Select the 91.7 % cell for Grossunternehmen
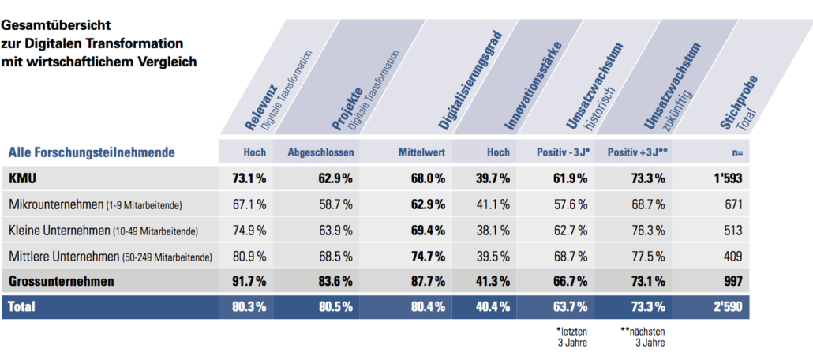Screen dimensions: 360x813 tap(249, 280)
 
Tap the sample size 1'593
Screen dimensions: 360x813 tap(725, 178)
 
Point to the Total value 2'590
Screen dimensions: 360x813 tap(725, 307)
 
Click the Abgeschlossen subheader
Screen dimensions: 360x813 tap(320, 152)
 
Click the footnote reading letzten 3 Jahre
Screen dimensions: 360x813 tap(572, 337)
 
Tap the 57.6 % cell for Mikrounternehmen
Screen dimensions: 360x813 tap(570, 205)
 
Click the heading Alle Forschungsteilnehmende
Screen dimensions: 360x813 tap(92, 152)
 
